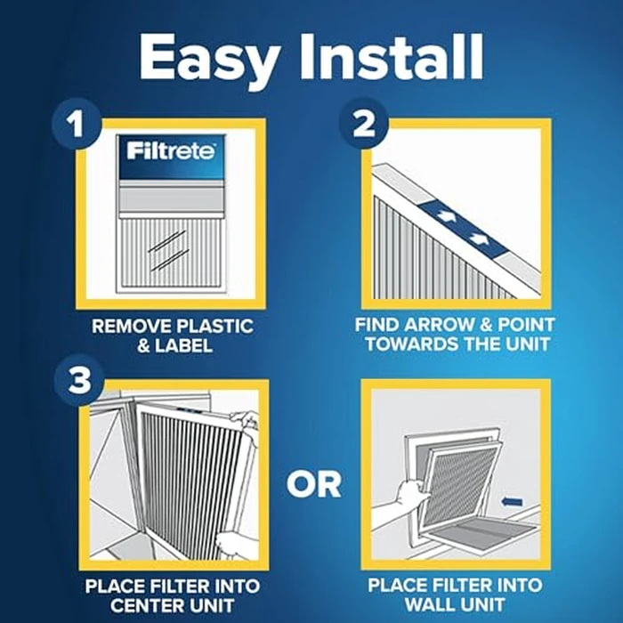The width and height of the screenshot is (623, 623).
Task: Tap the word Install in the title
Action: click(397, 59)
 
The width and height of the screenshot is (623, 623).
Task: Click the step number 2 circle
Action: click(363, 125)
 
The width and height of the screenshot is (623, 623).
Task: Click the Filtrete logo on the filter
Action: click(170, 150)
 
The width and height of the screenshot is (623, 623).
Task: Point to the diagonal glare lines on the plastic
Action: click(168, 248)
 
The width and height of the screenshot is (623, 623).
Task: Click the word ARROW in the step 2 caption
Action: click(434, 326)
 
